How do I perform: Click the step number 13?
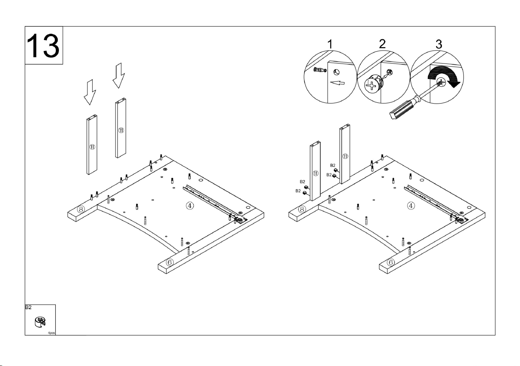coord(43,46)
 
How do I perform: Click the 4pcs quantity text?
coord(51,333)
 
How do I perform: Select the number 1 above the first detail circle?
coord(330,44)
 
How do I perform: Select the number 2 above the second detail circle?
coord(382,44)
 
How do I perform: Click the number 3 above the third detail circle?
coord(439,44)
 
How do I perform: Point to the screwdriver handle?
coord(404,109)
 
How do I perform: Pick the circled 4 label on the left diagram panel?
coord(190,206)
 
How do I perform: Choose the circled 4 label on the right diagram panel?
coord(411,206)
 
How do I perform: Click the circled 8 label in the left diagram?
coord(81,209)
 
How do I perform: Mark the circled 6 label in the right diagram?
coord(391,262)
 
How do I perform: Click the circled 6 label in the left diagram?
coord(170,262)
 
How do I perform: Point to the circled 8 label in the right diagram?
coord(302,209)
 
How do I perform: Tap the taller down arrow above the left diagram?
coord(119,75)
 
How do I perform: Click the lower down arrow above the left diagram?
coord(90,92)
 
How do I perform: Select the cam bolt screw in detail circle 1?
coord(320,69)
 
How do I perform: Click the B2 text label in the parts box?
coord(28,307)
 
